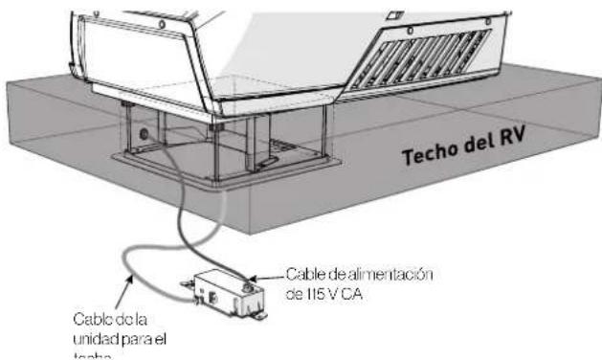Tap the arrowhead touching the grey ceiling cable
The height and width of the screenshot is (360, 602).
(x=124, y=278)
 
